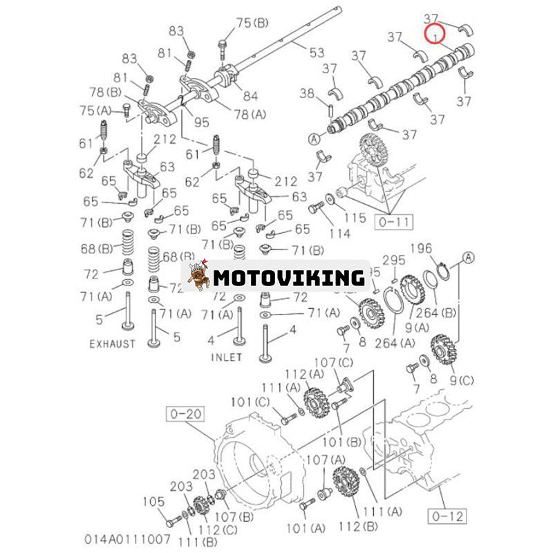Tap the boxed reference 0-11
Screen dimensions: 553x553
point(393,222)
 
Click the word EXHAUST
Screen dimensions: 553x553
point(112,344)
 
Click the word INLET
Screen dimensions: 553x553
point(226,357)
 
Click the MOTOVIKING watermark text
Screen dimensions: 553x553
point(288,278)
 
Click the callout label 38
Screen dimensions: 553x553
point(307,93)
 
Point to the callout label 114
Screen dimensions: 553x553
point(339,234)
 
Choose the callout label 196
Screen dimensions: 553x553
point(422,248)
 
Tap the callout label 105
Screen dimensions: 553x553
point(153,502)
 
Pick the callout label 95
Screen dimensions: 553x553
point(201,123)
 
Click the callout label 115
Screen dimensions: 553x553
point(355,218)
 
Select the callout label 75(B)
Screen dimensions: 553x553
point(252,23)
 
